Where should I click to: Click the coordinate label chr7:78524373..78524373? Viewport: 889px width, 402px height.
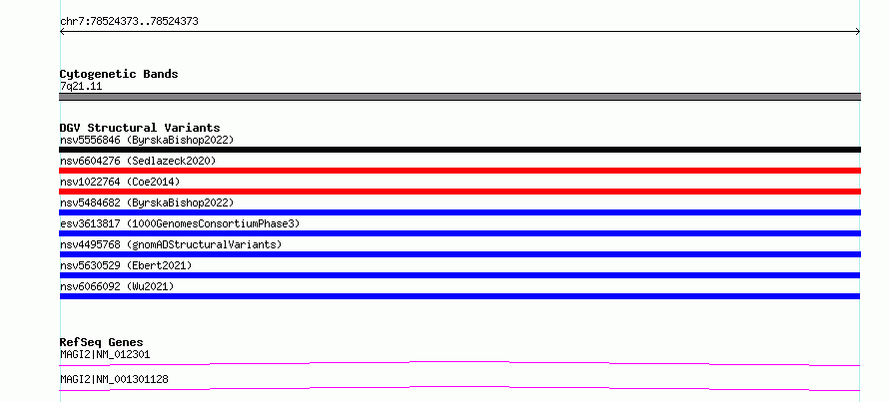(129, 22)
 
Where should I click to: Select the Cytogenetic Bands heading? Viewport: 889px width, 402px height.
(119, 74)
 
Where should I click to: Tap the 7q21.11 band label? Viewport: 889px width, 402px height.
(81, 87)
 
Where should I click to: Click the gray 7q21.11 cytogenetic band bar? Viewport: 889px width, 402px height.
(459, 97)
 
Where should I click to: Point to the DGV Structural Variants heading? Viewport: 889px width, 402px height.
(140, 128)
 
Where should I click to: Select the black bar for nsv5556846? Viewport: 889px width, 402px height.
(459, 150)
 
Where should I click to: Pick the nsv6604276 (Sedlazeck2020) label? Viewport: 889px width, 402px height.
(138, 161)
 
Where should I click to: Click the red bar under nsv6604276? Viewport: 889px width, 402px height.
(459, 171)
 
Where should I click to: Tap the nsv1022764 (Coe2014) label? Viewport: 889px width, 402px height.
(120, 182)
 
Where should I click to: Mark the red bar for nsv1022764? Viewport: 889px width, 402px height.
(459, 192)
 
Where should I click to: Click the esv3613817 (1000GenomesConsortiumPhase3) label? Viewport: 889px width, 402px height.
(180, 223)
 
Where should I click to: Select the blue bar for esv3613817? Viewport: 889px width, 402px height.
(459, 233)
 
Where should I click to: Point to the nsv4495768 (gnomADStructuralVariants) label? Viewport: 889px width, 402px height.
(171, 244)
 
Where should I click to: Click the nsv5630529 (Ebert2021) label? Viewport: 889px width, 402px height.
(126, 265)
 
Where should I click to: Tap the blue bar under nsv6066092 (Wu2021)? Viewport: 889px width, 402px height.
(459, 296)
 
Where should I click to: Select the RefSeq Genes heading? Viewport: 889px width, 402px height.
(102, 342)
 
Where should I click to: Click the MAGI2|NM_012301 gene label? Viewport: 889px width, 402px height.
(105, 354)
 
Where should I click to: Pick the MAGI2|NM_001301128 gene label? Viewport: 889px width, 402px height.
(114, 379)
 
